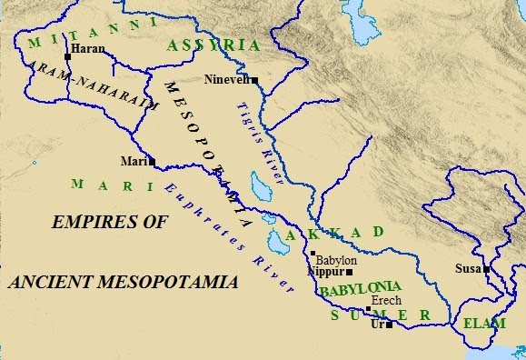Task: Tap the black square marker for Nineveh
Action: pyautogui.click(x=255, y=81)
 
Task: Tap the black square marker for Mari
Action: pyautogui.click(x=152, y=163)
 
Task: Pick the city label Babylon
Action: pyautogui.click(x=336, y=260)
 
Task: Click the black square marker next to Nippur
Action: pyautogui.click(x=349, y=272)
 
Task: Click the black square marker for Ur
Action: pyautogui.click(x=389, y=325)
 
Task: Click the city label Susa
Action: pyautogui.click(x=468, y=269)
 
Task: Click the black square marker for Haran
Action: pyautogui.click(x=67, y=56)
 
